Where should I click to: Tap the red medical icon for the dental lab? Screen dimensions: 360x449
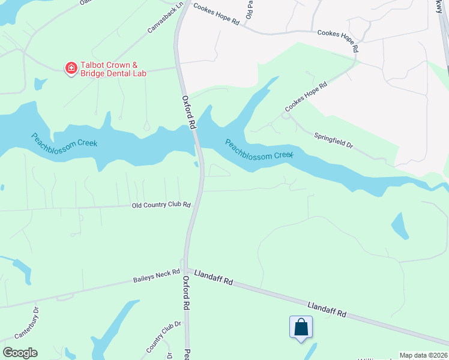pos(71,68)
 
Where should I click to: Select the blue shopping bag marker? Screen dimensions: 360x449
pos(301,328)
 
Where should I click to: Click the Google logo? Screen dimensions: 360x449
pos(20,353)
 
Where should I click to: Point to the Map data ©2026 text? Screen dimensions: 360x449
pos(423,355)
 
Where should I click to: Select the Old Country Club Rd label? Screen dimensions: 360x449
pos(161,205)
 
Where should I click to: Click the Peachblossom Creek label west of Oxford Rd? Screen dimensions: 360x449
pos(64,140)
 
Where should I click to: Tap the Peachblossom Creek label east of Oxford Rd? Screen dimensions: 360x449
pos(259,149)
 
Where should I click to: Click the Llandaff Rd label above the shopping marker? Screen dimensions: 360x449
pos(327,310)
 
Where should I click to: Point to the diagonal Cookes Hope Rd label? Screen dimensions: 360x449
pos(306,95)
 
